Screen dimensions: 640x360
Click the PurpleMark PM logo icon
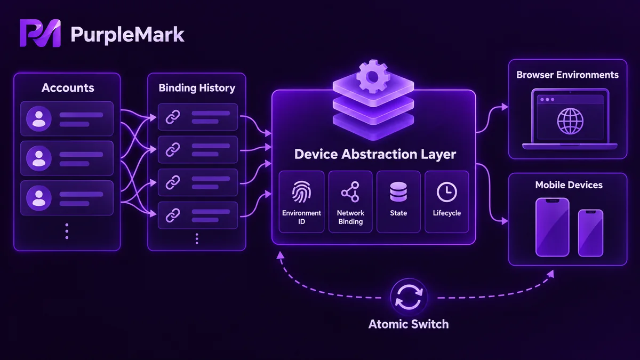pos(41,33)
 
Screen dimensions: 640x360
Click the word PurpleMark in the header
pos(127,35)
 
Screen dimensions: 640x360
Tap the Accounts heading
pos(68,87)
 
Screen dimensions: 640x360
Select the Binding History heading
pos(197,88)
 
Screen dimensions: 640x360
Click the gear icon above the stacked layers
pos(373,76)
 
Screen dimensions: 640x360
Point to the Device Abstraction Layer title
pos(375,154)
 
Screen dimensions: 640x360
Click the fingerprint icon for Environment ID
pos(301,192)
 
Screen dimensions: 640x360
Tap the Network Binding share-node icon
pos(350,192)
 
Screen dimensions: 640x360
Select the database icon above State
pos(398,191)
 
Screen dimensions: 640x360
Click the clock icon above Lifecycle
pos(447,192)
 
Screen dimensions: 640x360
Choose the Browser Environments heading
pos(567,75)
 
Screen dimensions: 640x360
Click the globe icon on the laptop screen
pos(570,121)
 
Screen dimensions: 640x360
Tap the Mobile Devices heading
pos(569,185)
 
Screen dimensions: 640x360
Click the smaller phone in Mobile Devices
pos(590,233)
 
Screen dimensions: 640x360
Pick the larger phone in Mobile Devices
pos(553,227)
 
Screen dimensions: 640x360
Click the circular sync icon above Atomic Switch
pos(409,298)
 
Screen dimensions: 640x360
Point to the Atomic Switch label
pos(409,324)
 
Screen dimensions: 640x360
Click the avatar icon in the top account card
pos(39,118)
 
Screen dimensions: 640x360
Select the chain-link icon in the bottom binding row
pos(173,215)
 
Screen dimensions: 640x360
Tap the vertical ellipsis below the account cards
pos(67,231)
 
